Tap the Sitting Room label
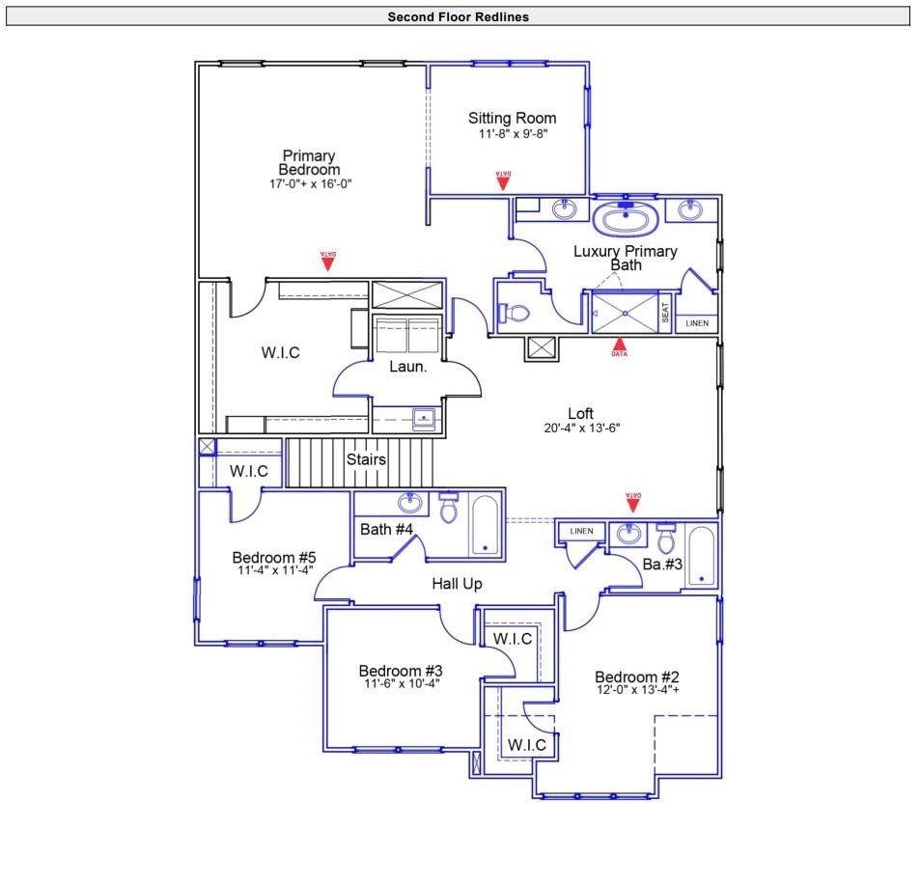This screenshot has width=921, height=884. [512, 119]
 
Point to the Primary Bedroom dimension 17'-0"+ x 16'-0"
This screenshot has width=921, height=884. [309, 183]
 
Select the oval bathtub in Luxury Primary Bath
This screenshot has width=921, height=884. [626, 219]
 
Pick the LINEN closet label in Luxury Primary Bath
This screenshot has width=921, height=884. [696, 323]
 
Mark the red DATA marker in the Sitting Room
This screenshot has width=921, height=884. [503, 180]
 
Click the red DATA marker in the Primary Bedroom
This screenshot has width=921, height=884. [328, 259]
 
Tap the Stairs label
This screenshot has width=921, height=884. [366, 459]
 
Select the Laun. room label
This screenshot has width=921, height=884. [407, 367]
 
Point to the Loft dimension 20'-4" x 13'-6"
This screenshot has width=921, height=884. [580, 428]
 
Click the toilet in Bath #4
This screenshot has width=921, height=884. [448, 508]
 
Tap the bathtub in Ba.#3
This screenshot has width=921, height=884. [702, 556]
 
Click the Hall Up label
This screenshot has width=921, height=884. [457, 584]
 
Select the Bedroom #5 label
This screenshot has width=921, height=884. [274, 558]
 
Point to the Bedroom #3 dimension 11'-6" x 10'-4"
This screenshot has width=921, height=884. [402, 684]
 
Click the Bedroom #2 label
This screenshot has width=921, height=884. [637, 677]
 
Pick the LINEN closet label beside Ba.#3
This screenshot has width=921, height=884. [581, 532]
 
